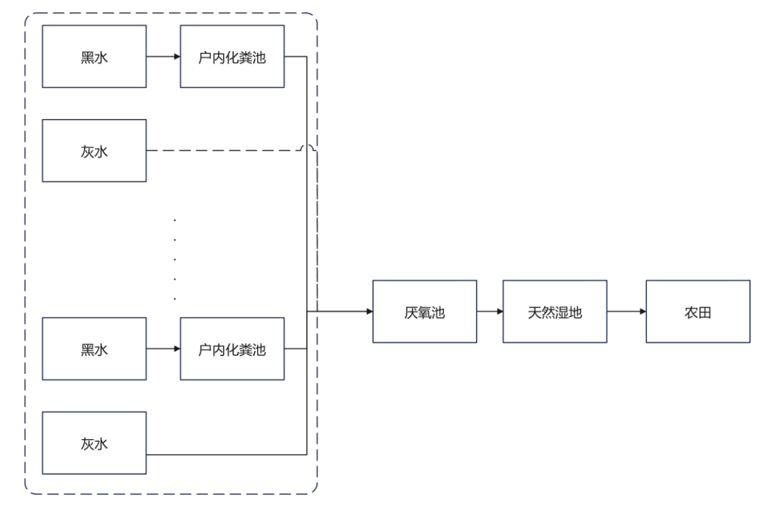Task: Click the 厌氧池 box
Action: point(425,311)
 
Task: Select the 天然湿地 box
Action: point(555,311)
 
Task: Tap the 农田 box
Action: point(697,311)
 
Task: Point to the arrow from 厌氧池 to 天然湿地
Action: point(490,311)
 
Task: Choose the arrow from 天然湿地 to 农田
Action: point(626,311)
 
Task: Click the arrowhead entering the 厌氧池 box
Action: point(369,311)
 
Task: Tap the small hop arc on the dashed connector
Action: point(307,148)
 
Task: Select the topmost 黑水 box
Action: point(94,57)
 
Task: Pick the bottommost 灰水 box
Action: point(94,443)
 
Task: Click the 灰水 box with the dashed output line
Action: point(94,150)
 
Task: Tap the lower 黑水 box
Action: point(94,349)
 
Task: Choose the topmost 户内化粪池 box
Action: point(232,57)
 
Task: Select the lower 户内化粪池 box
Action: point(232,349)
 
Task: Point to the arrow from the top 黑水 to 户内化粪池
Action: point(163,57)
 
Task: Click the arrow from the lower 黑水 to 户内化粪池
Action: point(163,349)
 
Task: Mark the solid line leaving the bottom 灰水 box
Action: point(227,454)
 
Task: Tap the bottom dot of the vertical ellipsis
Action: point(175,297)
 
